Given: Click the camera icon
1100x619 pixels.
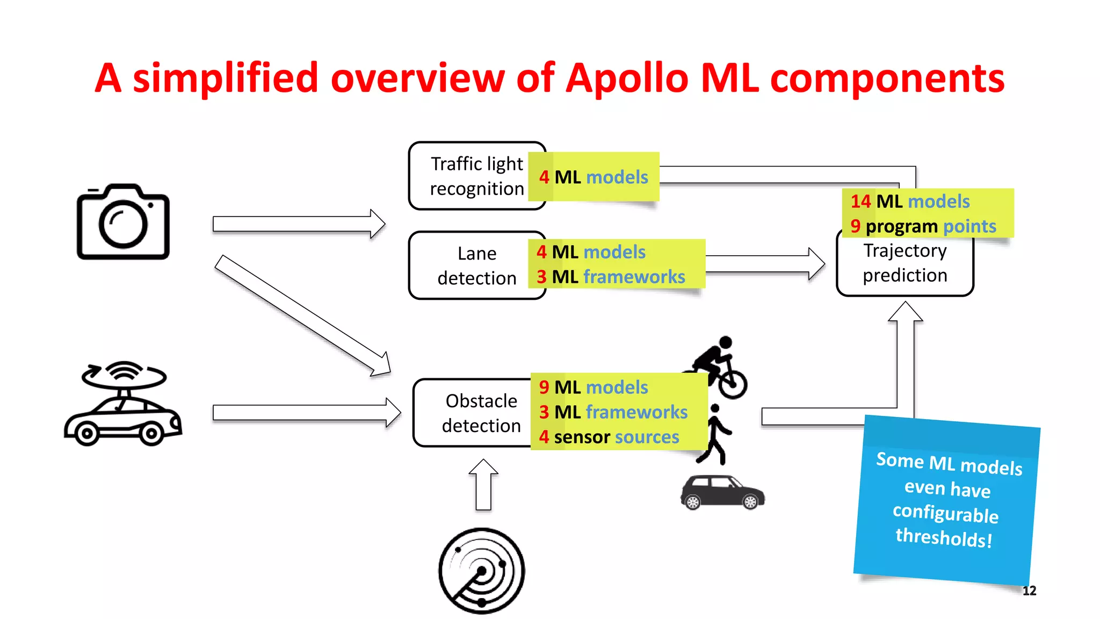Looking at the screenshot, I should (x=123, y=222).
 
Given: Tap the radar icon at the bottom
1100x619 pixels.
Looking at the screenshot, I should (x=481, y=571).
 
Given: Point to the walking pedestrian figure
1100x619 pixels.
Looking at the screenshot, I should (x=715, y=434).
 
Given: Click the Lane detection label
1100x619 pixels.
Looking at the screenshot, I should (x=476, y=266).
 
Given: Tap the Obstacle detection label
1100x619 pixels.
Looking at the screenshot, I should (x=481, y=413).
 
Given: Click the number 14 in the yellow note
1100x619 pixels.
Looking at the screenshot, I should (x=860, y=201).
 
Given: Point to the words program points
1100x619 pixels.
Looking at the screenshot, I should (x=930, y=226).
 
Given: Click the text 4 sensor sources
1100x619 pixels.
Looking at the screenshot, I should (x=609, y=437).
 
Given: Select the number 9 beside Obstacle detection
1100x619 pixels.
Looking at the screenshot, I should (x=544, y=387).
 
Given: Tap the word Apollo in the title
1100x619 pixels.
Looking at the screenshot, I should (x=627, y=78).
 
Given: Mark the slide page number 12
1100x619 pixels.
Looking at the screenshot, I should (x=1029, y=591).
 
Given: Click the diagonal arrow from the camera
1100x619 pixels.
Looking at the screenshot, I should (x=302, y=315).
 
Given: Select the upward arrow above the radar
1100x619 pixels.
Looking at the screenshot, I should (x=483, y=485).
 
